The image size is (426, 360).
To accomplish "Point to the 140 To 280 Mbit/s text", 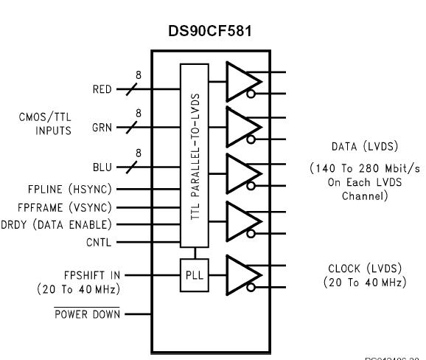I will (x=365, y=169).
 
